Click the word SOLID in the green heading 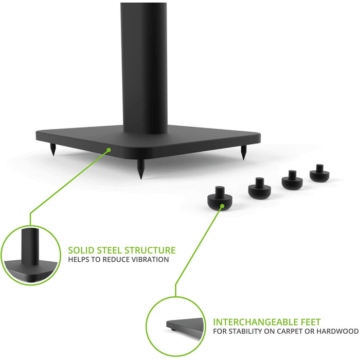(x=81, y=250)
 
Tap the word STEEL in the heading (x=109, y=250)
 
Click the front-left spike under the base (x=53, y=150)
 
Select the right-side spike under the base (x=243, y=152)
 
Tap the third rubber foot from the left (x=292, y=180)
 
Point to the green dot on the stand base (x=109, y=150)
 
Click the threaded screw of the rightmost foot (x=319, y=168)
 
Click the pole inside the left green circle (x=29, y=246)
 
